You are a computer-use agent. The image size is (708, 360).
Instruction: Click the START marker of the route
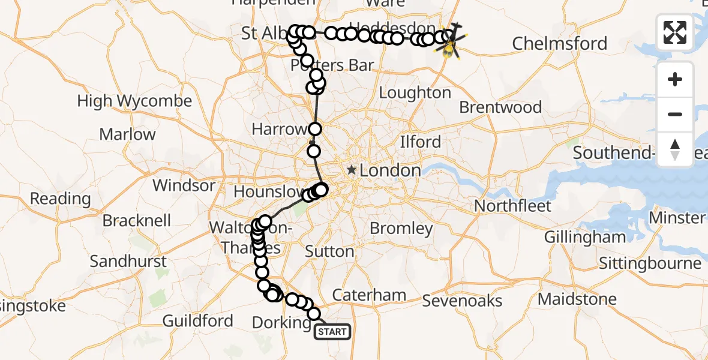pos(332,331)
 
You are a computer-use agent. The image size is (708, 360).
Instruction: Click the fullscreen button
pos(675,32)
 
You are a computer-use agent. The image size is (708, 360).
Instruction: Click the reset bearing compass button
pos(675,148)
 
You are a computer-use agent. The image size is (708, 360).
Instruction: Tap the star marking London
pos(352,170)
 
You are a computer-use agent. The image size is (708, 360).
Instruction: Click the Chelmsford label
pos(559,44)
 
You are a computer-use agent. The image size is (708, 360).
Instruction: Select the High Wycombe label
pos(134,101)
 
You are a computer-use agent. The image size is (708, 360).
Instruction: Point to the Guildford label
pos(198,321)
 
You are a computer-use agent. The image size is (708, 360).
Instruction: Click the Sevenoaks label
pos(462,300)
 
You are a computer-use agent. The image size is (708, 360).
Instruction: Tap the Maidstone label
pos(577,299)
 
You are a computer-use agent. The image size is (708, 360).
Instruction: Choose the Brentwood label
pos(500,107)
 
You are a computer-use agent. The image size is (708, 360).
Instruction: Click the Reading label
pos(60,199)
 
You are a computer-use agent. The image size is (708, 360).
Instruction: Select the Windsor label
pos(184,185)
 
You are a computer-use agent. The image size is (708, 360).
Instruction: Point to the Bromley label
pos(401,228)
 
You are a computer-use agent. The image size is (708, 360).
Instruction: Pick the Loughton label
pos(415,93)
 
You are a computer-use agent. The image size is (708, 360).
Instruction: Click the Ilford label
pos(421,142)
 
